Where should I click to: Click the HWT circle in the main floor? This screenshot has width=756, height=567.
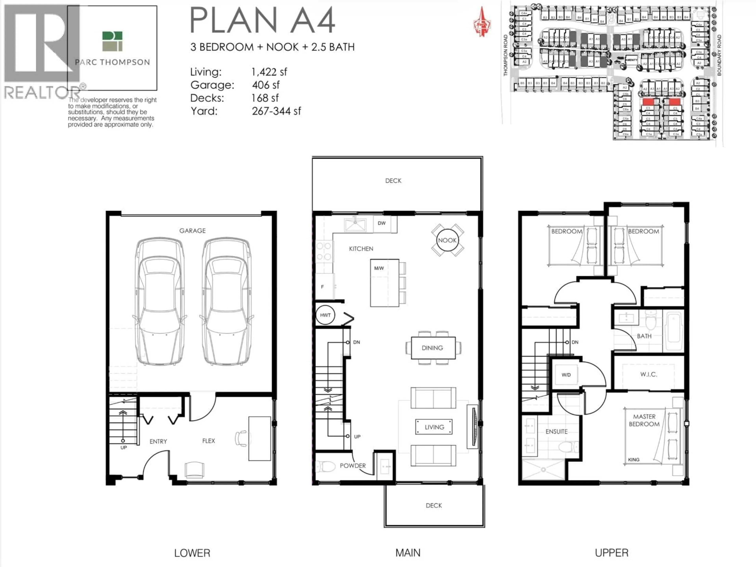tap(325, 315)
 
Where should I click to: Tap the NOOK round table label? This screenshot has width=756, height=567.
tap(447, 240)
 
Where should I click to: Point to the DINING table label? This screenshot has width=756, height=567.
tap(432, 348)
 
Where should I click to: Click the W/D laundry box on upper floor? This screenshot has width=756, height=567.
tap(566, 375)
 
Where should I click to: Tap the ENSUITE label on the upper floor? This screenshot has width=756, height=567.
tap(556, 432)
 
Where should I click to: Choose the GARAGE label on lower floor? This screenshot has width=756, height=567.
tap(192, 231)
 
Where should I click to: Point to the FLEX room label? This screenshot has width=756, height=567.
tap(208, 441)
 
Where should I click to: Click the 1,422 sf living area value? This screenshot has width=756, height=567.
tap(269, 72)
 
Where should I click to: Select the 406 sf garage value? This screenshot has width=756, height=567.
tap(266, 85)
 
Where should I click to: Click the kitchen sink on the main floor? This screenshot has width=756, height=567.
tap(355, 225)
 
